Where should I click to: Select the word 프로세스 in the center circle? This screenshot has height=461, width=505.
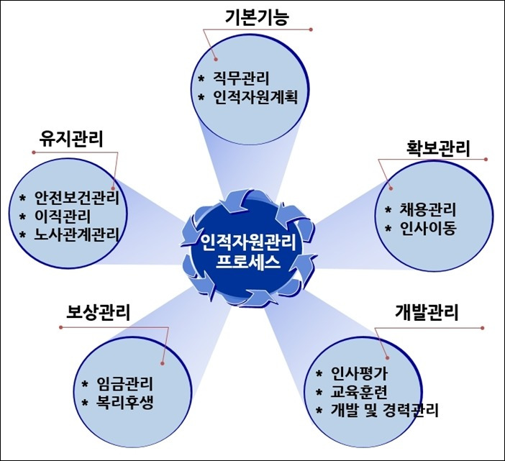point(251,261)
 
